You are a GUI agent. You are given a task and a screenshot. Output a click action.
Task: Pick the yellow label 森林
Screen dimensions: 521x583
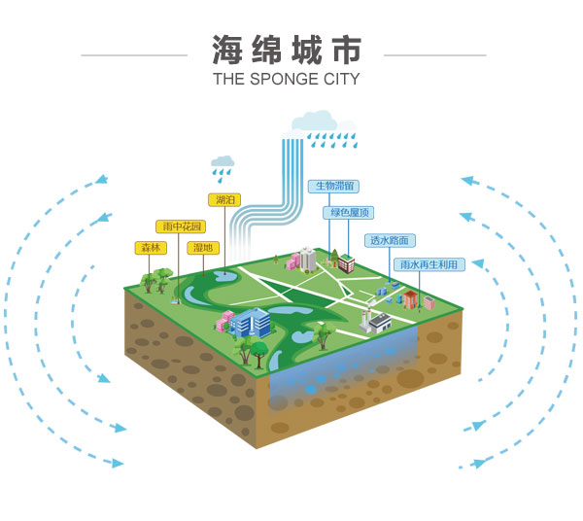click(150, 248)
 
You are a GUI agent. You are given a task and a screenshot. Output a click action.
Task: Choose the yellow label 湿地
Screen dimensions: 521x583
click(202, 248)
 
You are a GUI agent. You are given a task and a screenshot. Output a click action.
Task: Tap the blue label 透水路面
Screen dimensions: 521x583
click(391, 240)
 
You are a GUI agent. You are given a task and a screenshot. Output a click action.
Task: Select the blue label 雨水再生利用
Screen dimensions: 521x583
click(428, 263)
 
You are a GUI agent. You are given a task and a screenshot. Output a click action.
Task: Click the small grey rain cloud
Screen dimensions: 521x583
click(223, 161)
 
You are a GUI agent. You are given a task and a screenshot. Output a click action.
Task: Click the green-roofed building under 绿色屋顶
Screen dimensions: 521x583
click(345, 261)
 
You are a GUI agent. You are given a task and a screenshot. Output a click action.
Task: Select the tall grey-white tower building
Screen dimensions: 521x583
click(307, 258)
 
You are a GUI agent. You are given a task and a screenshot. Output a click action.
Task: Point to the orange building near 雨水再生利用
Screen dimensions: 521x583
click(412, 297)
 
